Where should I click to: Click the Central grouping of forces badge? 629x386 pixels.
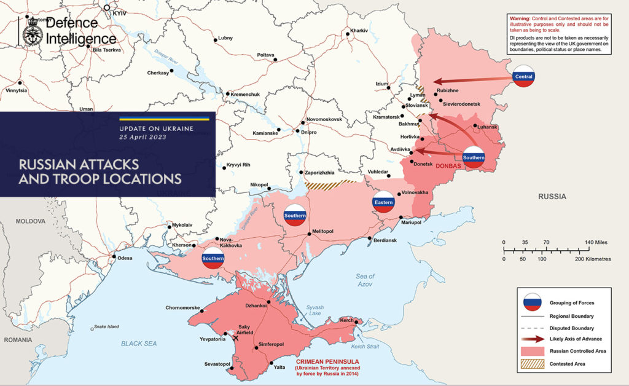[x=524, y=76]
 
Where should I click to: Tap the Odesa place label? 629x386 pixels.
[x=125, y=258]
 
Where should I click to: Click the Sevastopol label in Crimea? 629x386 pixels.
[x=217, y=364]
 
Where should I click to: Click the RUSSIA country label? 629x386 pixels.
[x=552, y=197]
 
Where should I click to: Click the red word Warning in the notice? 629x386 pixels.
[x=521, y=20]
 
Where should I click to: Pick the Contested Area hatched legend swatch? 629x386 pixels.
[x=532, y=364]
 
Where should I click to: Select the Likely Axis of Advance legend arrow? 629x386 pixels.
[x=532, y=339]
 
